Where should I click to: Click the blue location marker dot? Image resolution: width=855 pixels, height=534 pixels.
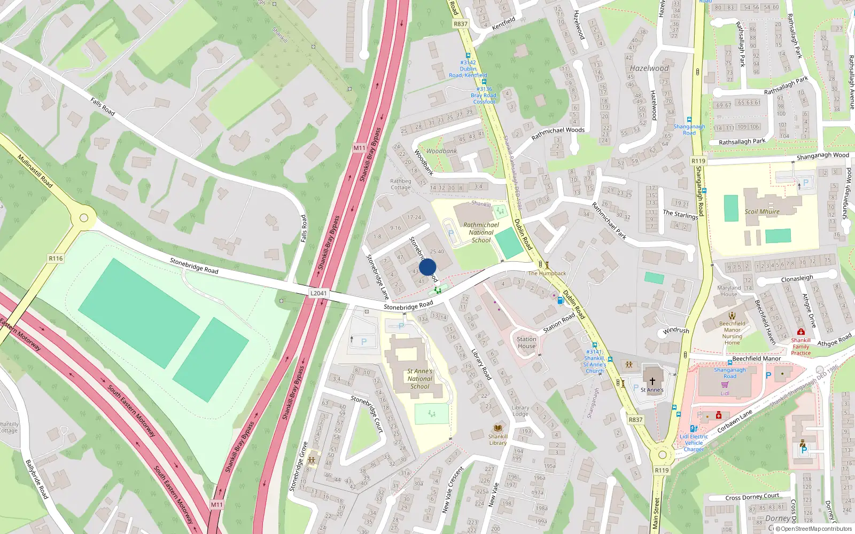point(428,267)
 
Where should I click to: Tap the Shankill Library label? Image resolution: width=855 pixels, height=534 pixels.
point(498,439)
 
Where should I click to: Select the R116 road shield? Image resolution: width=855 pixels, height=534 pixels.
point(56,258)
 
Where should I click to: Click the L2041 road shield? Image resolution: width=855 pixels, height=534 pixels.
point(318,293)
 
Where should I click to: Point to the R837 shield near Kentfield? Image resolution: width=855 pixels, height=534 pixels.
point(460,24)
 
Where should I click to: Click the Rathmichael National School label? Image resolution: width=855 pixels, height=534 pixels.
point(481,232)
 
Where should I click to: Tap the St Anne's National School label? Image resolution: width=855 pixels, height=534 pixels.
point(420,379)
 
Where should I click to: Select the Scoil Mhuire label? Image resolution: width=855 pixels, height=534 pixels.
point(762,211)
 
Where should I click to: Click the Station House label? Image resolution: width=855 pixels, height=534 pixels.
point(526,342)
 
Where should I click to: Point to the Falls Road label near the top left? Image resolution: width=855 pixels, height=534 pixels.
point(103,106)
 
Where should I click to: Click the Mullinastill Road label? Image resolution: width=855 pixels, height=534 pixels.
point(35,171)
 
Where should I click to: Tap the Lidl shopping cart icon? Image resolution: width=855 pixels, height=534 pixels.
point(725,384)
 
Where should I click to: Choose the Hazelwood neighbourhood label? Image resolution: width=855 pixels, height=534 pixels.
point(649,68)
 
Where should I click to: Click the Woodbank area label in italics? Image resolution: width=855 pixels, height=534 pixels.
point(441,151)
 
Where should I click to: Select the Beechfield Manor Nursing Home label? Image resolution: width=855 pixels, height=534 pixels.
point(732,333)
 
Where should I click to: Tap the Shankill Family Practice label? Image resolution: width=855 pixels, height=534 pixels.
point(800,347)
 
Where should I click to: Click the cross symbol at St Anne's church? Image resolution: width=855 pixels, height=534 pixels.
point(652,381)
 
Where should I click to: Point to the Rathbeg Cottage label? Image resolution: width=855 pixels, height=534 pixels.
point(400,184)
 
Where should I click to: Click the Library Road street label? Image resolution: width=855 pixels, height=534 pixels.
point(481,364)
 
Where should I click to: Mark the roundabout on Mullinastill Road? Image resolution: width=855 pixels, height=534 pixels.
point(83,218)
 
